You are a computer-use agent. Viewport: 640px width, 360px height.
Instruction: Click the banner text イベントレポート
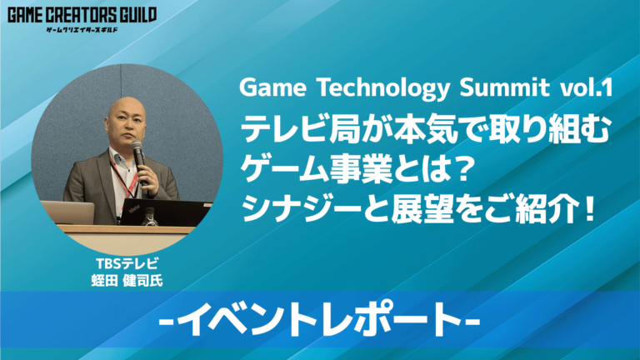[320, 321]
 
